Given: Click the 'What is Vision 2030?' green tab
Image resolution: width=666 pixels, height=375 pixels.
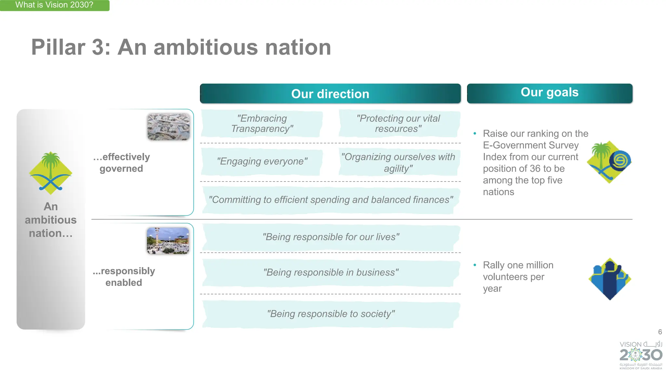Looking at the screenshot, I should click(x=54, y=5).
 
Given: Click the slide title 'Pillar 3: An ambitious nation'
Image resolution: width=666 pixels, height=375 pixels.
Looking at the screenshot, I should click(x=181, y=47).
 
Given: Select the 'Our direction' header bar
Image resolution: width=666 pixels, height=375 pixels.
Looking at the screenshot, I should click(x=330, y=94).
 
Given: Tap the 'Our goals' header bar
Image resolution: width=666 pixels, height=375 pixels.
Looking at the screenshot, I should click(x=549, y=93).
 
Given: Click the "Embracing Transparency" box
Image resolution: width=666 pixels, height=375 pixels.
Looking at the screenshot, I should click(x=262, y=124).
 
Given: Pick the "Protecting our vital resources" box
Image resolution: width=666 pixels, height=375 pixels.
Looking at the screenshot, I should click(x=399, y=124).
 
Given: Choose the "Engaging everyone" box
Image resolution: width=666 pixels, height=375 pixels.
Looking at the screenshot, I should click(x=262, y=161).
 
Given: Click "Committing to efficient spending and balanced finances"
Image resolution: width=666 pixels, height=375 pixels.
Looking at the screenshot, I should click(x=330, y=200).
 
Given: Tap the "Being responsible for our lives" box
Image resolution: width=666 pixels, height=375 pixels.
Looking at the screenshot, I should click(x=330, y=237).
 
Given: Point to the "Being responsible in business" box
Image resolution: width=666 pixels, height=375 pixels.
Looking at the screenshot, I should click(x=330, y=272).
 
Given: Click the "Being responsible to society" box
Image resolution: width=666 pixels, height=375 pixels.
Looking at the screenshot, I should click(x=330, y=314).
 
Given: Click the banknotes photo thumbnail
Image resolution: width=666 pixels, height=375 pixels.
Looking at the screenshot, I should click(x=168, y=127).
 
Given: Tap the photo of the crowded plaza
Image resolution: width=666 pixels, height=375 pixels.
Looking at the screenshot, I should click(x=168, y=241).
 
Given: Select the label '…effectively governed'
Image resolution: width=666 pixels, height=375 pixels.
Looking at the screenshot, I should click(x=121, y=163).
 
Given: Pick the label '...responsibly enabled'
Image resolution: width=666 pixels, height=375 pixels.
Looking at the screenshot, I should click(x=124, y=277).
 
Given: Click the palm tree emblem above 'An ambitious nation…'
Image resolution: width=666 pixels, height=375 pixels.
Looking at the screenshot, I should click(x=51, y=172).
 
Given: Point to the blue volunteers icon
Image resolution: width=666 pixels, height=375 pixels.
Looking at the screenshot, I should click(x=609, y=279).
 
